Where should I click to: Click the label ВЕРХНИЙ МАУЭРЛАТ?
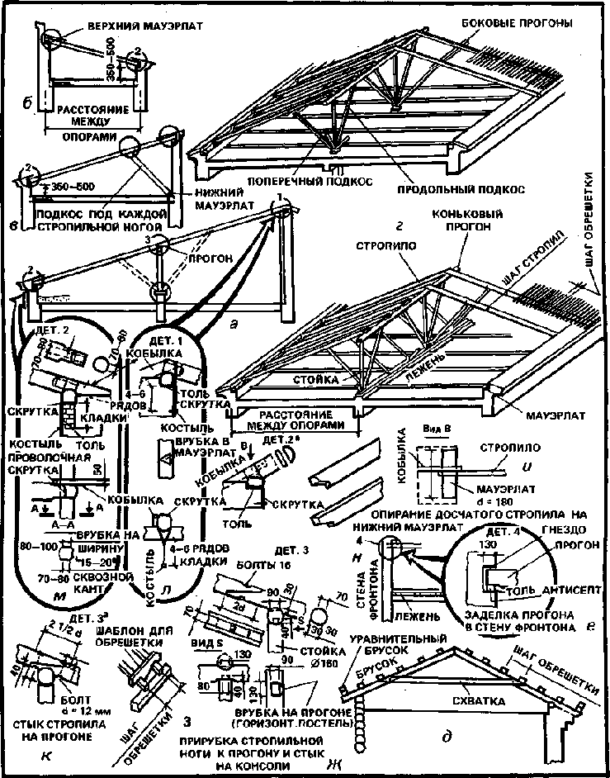pos(138,26)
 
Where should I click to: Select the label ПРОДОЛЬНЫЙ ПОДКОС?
pos(461,188)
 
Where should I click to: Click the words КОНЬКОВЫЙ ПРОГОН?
pos(467,221)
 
